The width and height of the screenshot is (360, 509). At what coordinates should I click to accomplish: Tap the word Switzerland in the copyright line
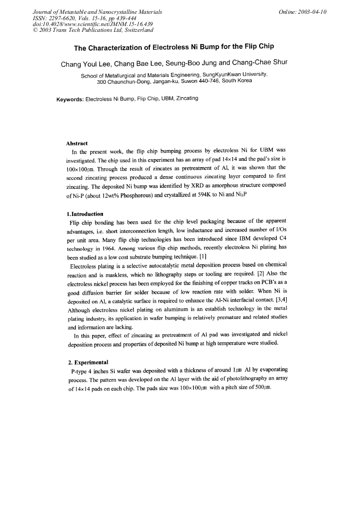(x=135, y=30)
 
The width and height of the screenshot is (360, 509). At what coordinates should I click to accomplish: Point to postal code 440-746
(x=209, y=82)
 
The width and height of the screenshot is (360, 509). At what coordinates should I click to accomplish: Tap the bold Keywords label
(x=70, y=99)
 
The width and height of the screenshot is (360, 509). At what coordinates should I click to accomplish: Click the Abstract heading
(x=76, y=143)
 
